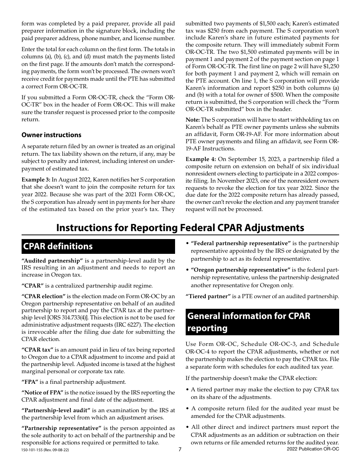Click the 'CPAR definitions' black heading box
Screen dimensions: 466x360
coord(98,246)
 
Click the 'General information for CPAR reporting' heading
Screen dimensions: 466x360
coord(263,322)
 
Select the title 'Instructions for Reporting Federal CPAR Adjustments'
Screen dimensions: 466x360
coord(180,227)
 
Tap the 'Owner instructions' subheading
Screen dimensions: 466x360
coord(51,135)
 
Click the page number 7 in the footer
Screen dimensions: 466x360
coord(180,449)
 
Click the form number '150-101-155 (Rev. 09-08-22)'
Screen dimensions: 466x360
coord(45,450)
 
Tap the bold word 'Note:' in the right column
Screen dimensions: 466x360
coord(193,120)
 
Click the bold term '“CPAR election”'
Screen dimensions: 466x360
coord(44,296)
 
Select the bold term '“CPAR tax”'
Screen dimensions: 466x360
coord(38,349)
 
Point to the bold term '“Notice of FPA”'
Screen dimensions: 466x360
coord(42,393)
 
